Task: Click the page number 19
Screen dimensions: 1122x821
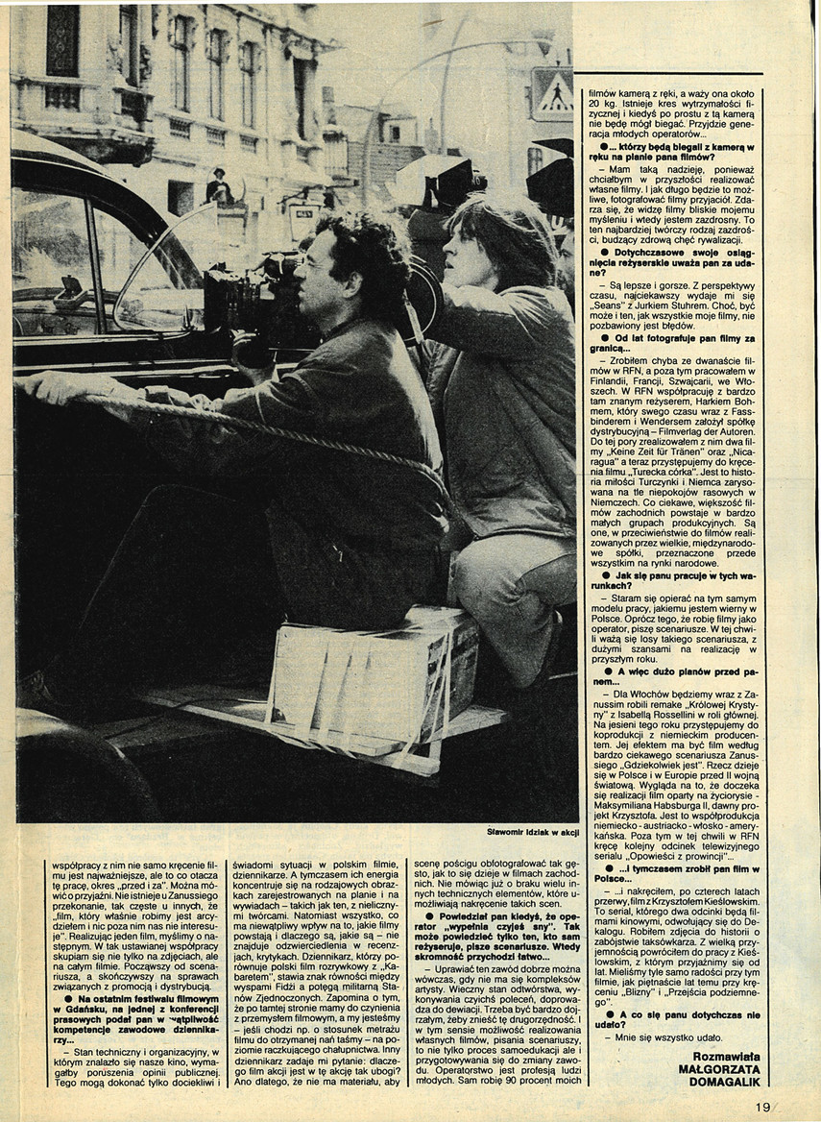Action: coord(763,1107)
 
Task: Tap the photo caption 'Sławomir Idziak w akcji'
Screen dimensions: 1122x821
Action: coord(533,832)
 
